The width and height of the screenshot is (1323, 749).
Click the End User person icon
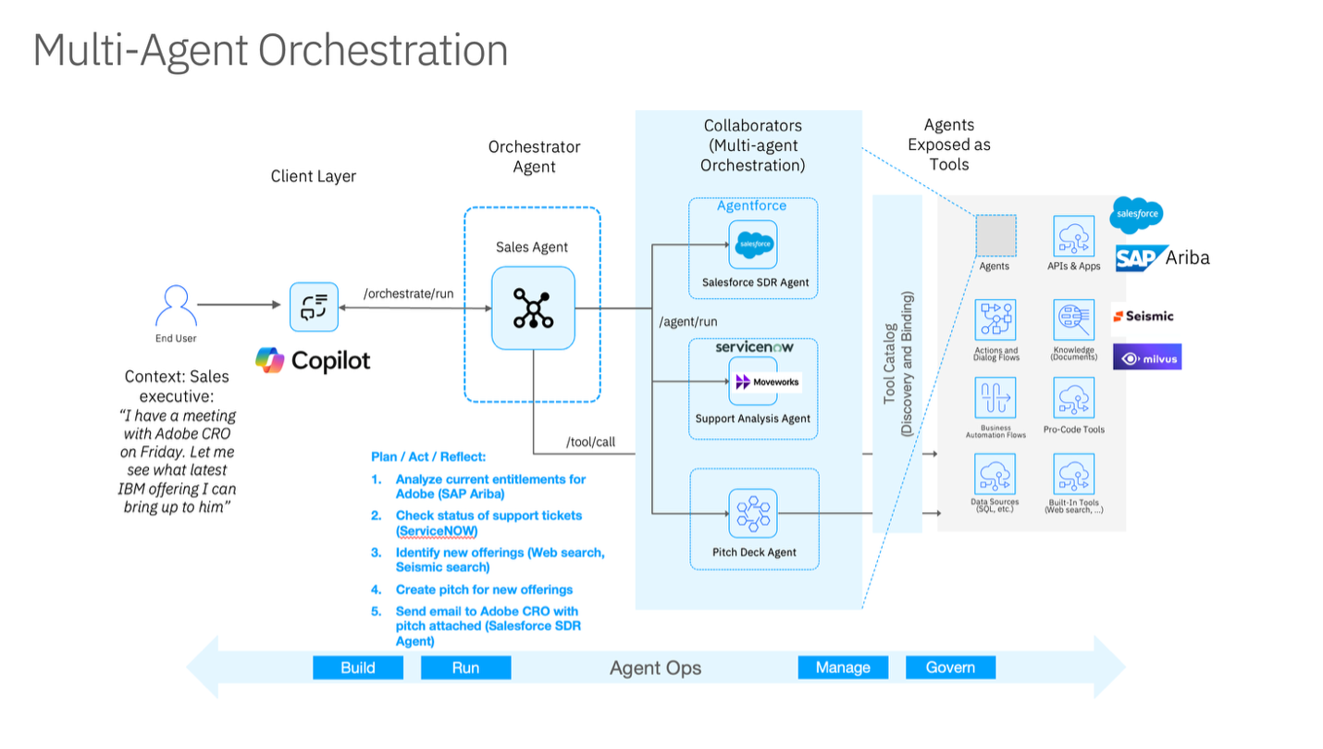175,306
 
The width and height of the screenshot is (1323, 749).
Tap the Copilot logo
313,360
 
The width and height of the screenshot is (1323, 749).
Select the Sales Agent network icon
533,308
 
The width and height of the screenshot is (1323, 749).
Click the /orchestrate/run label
408,293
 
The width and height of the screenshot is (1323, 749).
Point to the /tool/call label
590,442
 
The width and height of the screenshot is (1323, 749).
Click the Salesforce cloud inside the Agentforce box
752,245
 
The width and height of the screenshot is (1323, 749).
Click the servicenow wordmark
754,347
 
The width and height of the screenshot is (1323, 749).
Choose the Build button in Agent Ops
358,668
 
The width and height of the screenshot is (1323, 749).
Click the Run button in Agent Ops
465,668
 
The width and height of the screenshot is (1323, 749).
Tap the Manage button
843,668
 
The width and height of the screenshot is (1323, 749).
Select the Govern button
950,668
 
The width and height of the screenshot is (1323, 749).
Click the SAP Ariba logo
1162,258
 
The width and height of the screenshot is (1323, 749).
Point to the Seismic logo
1144,316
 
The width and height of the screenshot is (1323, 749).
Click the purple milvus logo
1147,358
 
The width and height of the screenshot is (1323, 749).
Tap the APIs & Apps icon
1074,237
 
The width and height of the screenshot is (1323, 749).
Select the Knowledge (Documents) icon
1074,320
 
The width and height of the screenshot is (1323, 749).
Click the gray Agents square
995,235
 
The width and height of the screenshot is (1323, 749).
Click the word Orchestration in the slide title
383,50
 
